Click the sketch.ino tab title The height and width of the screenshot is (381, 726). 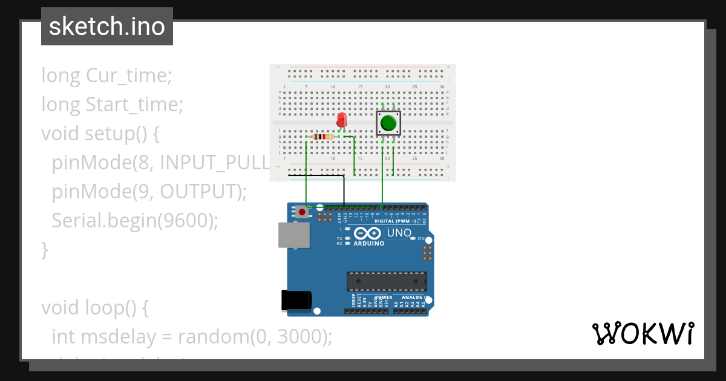[107, 27]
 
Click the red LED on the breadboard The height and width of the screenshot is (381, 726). [342, 119]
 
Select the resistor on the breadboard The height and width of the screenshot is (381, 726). [324, 137]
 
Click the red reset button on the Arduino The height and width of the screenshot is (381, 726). [302, 212]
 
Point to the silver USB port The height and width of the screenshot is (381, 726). [294, 235]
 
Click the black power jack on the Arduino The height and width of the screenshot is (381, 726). [296, 301]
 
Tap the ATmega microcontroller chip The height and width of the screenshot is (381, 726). [387, 281]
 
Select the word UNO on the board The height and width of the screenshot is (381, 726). [399, 233]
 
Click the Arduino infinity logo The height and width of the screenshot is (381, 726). [367, 233]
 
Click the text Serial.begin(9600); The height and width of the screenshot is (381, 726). [134, 221]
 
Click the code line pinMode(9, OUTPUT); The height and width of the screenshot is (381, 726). [149, 192]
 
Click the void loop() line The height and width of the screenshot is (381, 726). [94, 308]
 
